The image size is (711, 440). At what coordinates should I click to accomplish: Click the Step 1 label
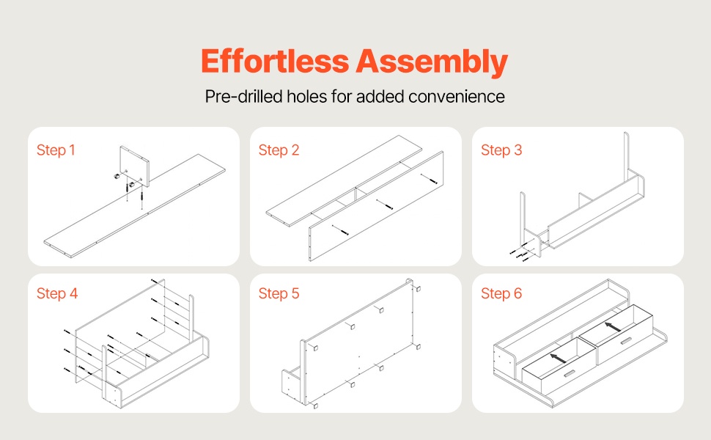pyautogui.click(x=56, y=150)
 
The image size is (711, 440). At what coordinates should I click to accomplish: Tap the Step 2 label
pyautogui.click(x=279, y=150)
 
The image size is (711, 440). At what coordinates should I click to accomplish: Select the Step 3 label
pyautogui.click(x=501, y=150)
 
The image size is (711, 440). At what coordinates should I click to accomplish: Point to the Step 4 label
pyautogui.click(x=57, y=293)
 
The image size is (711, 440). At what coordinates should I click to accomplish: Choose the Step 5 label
pyautogui.click(x=279, y=293)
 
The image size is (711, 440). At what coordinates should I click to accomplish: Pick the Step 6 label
pyautogui.click(x=501, y=293)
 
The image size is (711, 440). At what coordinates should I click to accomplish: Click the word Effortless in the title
pyautogui.click(x=275, y=61)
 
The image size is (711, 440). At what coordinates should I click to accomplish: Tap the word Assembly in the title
pyautogui.click(x=432, y=62)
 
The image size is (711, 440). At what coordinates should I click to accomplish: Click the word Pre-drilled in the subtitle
pyautogui.click(x=244, y=97)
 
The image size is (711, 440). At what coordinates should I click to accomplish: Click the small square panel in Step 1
pyautogui.click(x=135, y=166)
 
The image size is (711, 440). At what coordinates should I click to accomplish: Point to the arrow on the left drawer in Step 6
pyautogui.click(x=558, y=359)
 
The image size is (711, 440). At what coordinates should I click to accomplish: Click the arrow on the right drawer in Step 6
pyautogui.click(x=614, y=326)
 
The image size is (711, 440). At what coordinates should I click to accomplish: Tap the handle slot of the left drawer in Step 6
pyautogui.click(x=569, y=374)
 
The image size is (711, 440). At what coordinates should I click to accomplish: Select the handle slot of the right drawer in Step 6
pyautogui.click(x=626, y=341)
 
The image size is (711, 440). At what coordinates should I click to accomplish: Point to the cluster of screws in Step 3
pyautogui.click(x=520, y=254)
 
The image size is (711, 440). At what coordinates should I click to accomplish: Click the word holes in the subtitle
pyautogui.click(x=306, y=97)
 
